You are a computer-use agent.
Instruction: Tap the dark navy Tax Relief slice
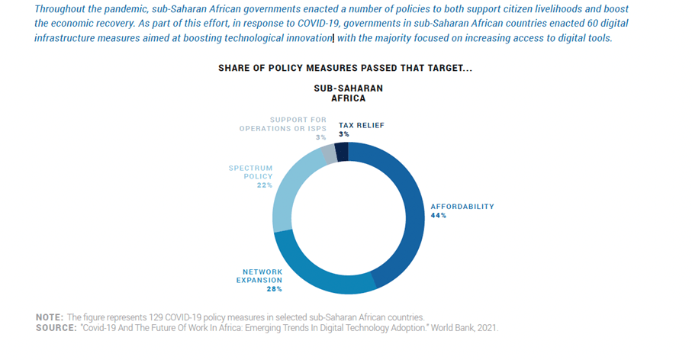342,151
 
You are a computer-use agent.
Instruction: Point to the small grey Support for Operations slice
329,153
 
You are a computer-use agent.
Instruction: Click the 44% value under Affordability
439,216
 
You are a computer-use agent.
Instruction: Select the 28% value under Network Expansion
275,289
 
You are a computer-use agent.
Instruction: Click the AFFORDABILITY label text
462,206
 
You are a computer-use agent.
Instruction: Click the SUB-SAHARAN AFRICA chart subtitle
348,93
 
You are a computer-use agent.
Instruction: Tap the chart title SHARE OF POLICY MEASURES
345,68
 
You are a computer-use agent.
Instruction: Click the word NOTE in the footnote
50,317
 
